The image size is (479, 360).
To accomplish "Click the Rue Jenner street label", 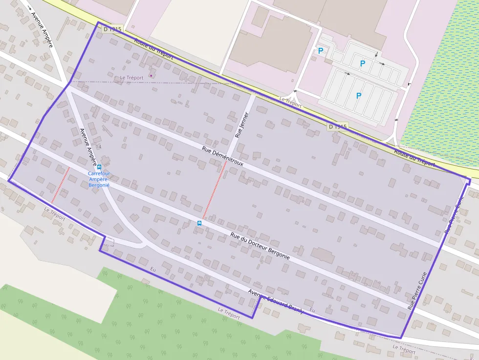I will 242,125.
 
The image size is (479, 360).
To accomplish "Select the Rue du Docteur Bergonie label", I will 260,246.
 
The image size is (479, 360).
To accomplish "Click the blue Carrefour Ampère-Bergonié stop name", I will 99,179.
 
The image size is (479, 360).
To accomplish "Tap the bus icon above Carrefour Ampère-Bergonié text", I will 99,167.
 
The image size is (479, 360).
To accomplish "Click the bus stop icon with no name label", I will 199,223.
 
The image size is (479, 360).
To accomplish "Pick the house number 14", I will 99,147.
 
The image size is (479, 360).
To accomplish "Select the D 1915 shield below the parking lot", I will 338,127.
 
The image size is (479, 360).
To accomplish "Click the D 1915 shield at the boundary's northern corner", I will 112,29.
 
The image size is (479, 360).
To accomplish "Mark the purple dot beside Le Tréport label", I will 151,76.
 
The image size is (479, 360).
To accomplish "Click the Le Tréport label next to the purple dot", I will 131,78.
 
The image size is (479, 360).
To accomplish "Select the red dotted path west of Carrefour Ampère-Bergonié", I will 61,185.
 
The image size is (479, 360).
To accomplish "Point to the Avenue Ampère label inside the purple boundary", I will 88,146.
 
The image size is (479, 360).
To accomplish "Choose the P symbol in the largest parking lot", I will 359,96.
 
